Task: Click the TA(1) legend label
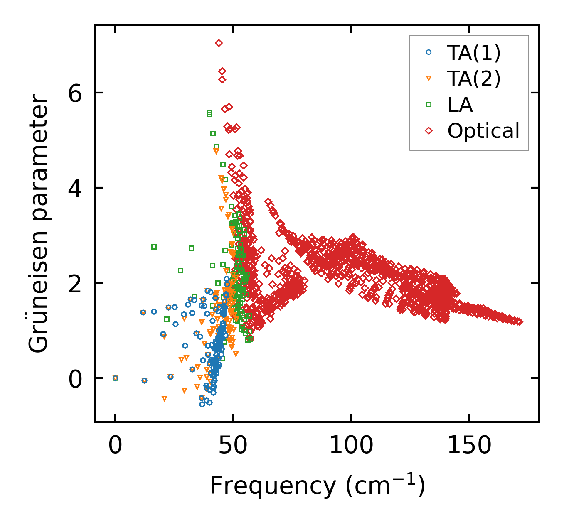click(474, 52)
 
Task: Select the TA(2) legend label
click(474, 79)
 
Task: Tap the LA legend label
click(460, 105)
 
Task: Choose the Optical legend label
click(483, 131)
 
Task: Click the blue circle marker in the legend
click(429, 52)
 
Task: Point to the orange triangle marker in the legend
click(429, 79)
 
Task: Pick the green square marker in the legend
click(429, 105)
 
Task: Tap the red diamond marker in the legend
click(429, 131)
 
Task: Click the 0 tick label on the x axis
click(115, 446)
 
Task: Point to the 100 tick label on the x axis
click(351, 446)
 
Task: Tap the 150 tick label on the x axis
click(469, 446)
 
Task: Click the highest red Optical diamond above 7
click(219, 43)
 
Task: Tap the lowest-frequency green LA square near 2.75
click(154, 247)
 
